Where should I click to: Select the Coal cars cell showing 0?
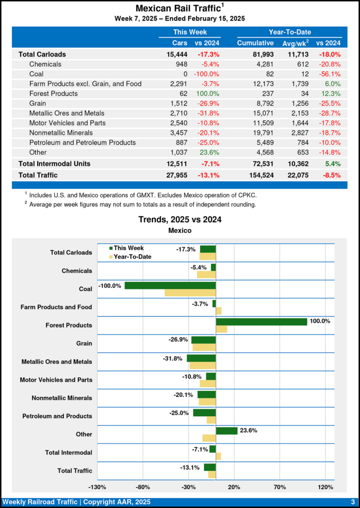[x=185, y=74]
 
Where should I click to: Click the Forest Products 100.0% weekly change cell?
[x=209, y=94]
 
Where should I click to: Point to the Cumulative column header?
[x=255, y=43]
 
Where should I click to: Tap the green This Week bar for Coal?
[x=170, y=286]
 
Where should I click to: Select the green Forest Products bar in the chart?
[x=261, y=322]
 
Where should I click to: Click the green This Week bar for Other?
[x=226, y=431]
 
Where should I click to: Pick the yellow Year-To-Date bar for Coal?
[x=190, y=293]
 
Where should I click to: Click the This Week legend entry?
[x=127, y=248]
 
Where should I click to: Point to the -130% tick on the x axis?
[x=98, y=487]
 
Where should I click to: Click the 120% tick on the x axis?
[x=325, y=487]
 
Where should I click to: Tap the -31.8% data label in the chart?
[x=173, y=358]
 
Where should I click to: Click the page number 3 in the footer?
[x=352, y=502]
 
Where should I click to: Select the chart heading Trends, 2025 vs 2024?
[x=180, y=219]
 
